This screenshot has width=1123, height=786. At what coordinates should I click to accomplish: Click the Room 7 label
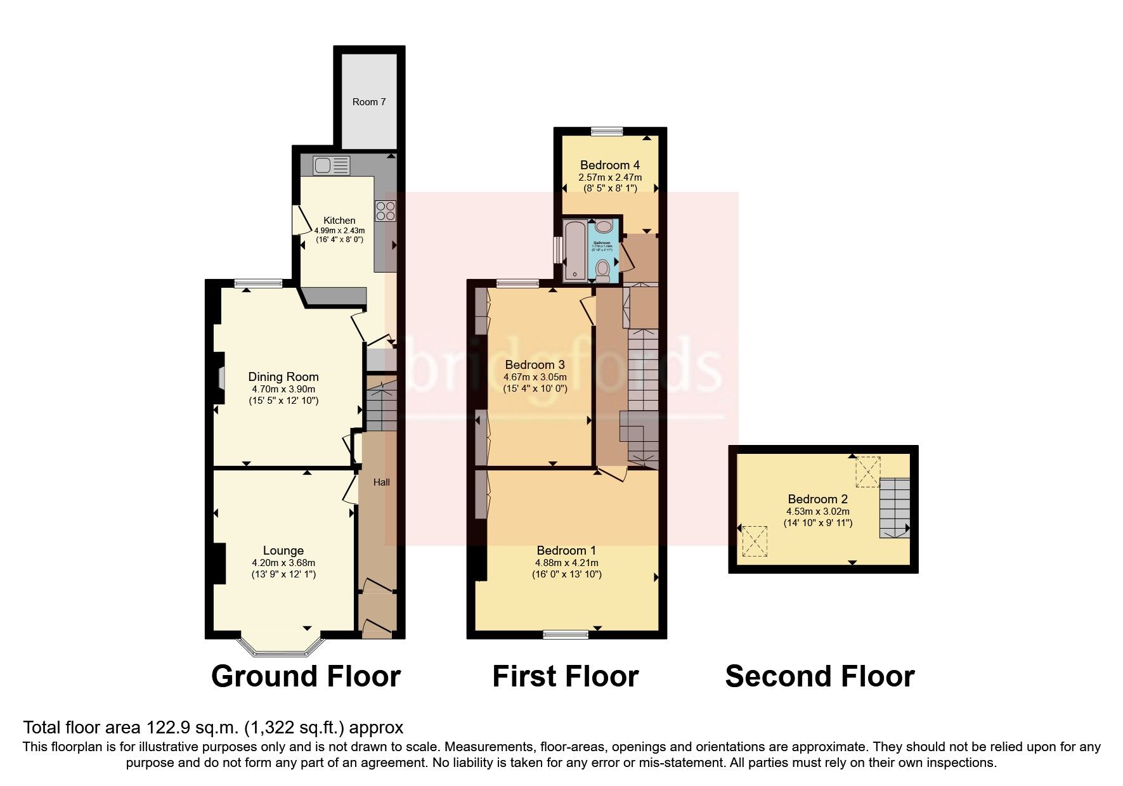tap(369, 102)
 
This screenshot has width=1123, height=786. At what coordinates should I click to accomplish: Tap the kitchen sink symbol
tap(331, 165)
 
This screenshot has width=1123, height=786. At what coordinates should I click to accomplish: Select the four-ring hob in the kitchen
tap(385, 210)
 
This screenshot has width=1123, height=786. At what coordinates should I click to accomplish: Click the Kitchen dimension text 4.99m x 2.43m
tap(340, 231)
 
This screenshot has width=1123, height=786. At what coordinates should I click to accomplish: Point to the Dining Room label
tap(283, 377)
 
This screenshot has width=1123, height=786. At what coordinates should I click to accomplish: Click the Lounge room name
tap(283, 551)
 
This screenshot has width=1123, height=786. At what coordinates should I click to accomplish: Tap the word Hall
tap(381, 482)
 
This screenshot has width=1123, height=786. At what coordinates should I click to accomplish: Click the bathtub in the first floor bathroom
tap(575, 250)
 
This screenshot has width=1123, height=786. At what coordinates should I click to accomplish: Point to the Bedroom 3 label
tap(535, 364)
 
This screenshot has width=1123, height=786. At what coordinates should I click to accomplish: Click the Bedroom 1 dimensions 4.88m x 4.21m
tap(566, 563)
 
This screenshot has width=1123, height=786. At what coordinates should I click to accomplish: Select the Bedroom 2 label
tap(817, 499)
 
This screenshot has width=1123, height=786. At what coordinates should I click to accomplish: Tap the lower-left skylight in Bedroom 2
tap(755, 541)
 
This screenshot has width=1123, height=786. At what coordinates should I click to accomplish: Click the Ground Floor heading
tap(306, 676)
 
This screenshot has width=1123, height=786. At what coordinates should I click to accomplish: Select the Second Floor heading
tap(819, 676)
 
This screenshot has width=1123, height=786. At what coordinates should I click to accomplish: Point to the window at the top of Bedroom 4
tap(607, 131)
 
